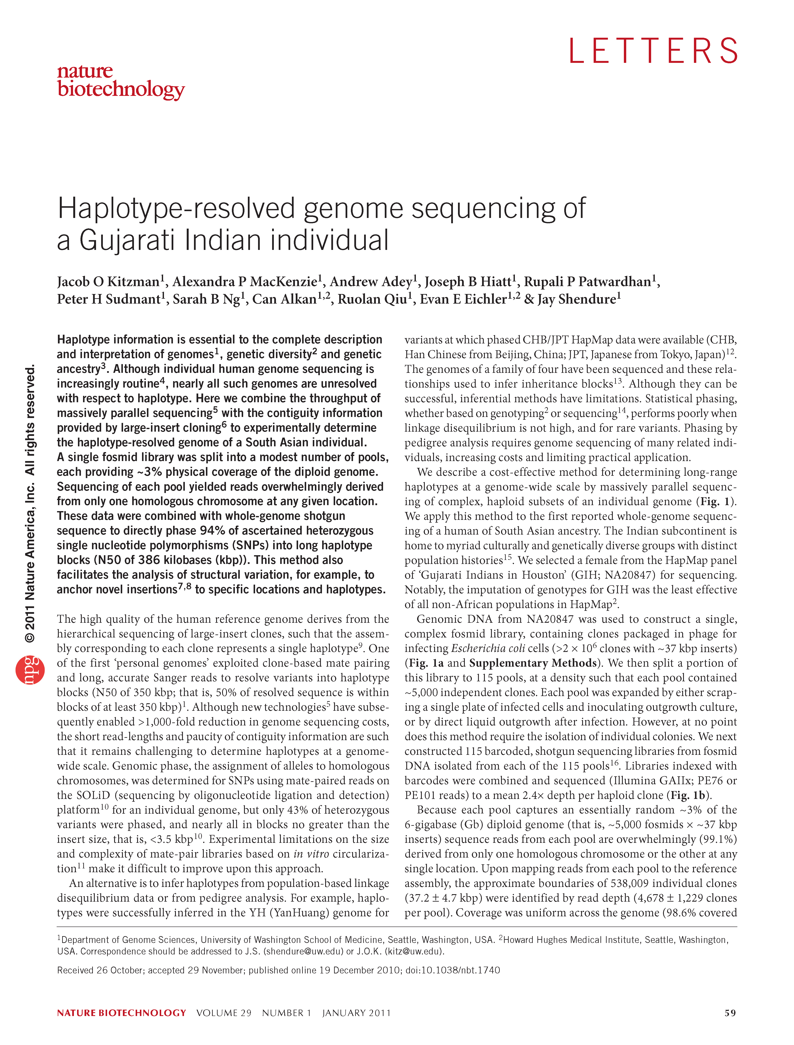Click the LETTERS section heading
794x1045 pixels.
[653, 51]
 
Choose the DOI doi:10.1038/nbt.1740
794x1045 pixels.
[453, 970]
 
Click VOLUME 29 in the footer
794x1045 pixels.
[224, 1013]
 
